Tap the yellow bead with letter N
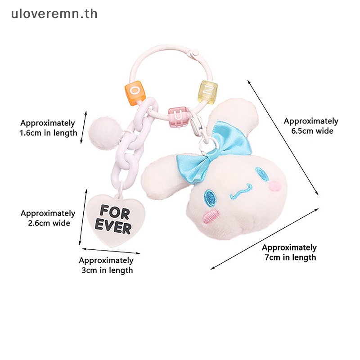[x=207, y=92]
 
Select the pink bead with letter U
[x=178, y=116]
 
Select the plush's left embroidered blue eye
[x=210, y=198]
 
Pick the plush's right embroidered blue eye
[x=261, y=174]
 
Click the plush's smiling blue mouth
[x=241, y=191]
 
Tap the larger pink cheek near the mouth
[x=211, y=216]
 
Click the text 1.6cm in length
[x=49, y=133]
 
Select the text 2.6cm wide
[x=49, y=223]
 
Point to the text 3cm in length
[x=107, y=270]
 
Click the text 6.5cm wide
[x=312, y=131]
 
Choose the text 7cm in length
[x=290, y=257]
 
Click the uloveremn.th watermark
[x=54, y=14]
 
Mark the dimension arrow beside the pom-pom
[x=84, y=127]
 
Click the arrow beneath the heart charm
[x=111, y=251]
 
